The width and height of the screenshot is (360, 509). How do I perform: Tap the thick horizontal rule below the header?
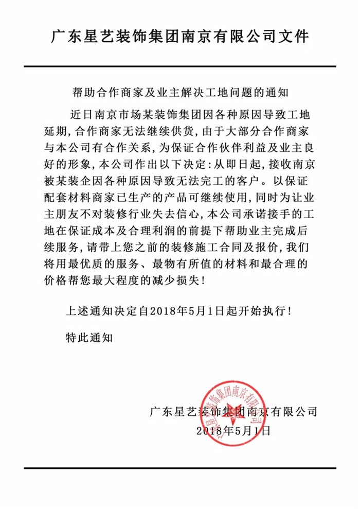180,65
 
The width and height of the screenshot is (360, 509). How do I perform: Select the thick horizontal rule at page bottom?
180,469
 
